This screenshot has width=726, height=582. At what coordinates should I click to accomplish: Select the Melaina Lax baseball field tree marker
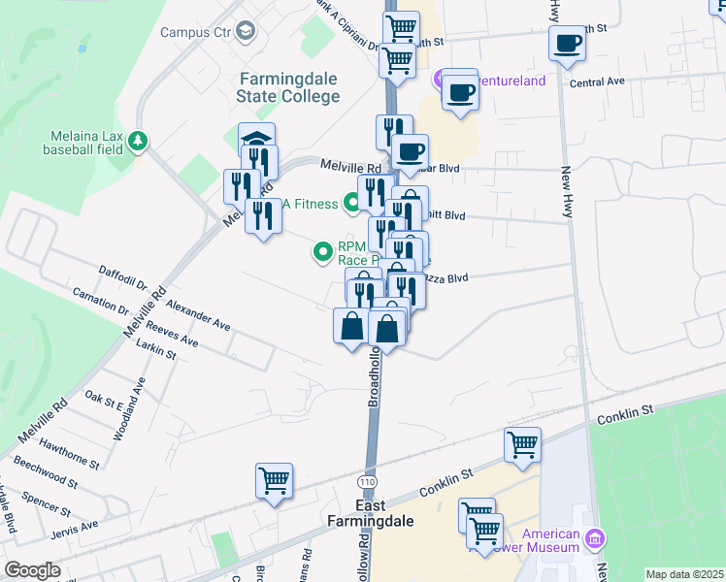139,142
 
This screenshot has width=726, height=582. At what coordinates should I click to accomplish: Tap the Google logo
32,570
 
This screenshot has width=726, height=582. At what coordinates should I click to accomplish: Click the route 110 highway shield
367,481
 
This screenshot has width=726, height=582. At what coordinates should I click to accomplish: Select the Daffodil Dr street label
121,275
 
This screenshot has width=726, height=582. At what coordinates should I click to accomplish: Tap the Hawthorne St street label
70,452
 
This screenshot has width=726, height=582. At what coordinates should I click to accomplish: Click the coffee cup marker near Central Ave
567,43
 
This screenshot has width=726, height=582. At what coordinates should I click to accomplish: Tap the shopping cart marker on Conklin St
522,444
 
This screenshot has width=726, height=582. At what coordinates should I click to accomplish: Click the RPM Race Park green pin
323,252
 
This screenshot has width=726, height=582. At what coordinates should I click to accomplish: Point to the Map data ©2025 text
684,574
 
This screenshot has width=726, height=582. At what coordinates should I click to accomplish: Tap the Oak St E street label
103,397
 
